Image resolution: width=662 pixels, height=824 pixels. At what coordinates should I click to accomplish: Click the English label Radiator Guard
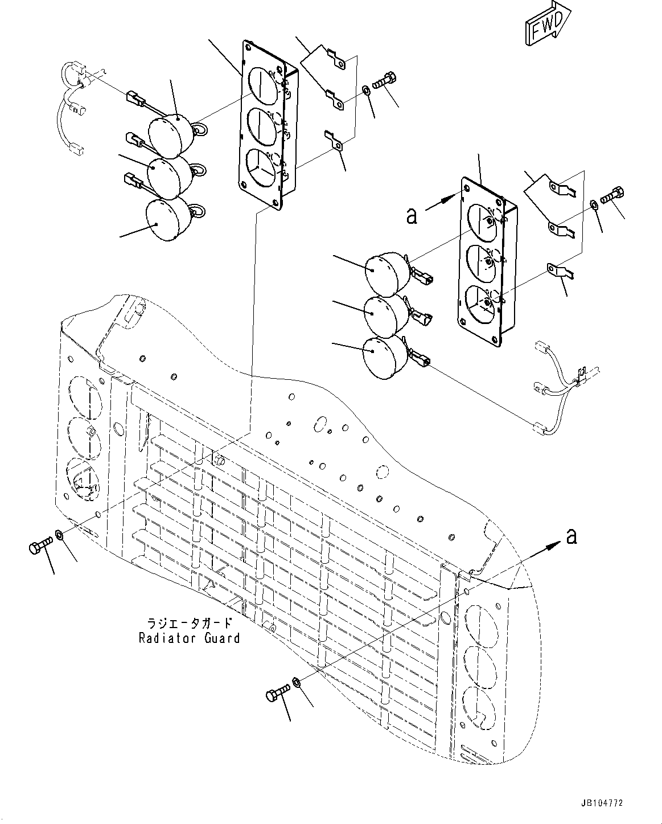190,638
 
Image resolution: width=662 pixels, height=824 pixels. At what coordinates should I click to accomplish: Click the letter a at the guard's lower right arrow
571,536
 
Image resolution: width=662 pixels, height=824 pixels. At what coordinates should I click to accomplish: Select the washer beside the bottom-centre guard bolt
297,682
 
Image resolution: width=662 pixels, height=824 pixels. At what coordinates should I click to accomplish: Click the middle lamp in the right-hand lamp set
385,315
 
